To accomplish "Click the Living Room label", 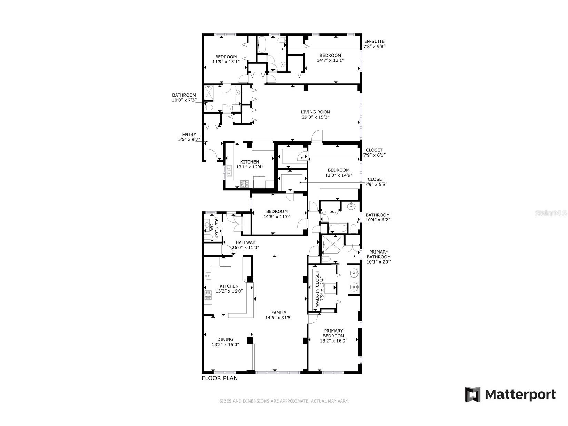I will click(x=315, y=112).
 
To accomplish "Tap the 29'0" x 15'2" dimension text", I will click(x=315, y=117).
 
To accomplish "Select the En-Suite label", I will click(x=374, y=41).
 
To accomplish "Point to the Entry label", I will click(x=189, y=135).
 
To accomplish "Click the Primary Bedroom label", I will click(x=333, y=333).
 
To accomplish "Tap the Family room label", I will click(x=279, y=313).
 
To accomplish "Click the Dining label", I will click(x=225, y=339).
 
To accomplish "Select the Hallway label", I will click(x=245, y=242).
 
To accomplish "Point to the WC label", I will click(x=211, y=228).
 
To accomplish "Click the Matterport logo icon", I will click(x=472, y=394).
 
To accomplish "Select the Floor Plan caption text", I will click(x=219, y=378).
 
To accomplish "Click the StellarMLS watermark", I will click(x=550, y=214).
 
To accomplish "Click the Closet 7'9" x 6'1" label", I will click(x=374, y=150).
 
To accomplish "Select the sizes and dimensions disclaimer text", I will click(x=284, y=401).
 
